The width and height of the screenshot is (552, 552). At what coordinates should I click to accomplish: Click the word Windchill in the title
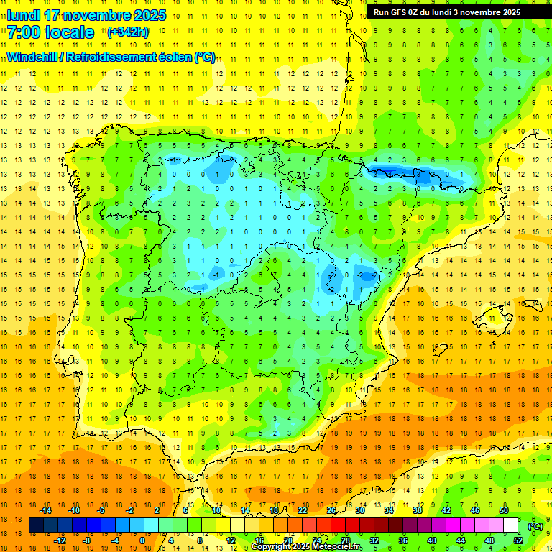(x=31, y=57)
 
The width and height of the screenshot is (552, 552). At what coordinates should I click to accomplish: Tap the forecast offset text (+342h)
(x=128, y=32)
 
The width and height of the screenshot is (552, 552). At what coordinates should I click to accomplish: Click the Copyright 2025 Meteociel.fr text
(x=306, y=547)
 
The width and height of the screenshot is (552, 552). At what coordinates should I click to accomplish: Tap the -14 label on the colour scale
(x=45, y=510)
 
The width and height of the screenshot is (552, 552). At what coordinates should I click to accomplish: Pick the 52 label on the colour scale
(x=518, y=540)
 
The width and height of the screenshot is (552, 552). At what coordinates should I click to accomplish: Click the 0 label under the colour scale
(x=143, y=540)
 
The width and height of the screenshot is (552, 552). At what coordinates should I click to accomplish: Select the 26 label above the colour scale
(x=331, y=510)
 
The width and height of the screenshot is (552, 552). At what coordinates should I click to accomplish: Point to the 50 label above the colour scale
(x=504, y=510)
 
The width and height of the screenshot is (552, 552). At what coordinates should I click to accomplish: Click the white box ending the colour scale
(x=511, y=525)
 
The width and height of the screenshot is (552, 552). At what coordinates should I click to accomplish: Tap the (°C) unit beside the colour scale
(x=535, y=525)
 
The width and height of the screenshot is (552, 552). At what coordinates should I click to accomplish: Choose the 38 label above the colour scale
(x=418, y=510)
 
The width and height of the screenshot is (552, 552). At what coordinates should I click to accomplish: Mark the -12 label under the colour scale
(x=60, y=540)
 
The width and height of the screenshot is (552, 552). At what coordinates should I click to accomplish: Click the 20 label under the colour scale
(x=288, y=540)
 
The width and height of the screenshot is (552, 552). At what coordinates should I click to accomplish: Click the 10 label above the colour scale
(x=216, y=510)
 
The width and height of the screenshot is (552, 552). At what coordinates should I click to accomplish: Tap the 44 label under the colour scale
(x=461, y=540)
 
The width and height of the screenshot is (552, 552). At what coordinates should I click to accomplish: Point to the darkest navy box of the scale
(x=36, y=525)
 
